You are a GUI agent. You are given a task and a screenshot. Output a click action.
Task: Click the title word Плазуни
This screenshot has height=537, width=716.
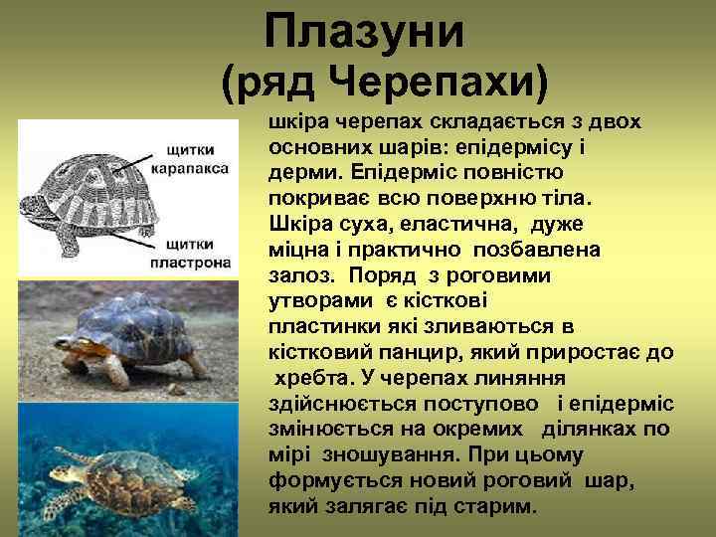click(365, 32)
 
